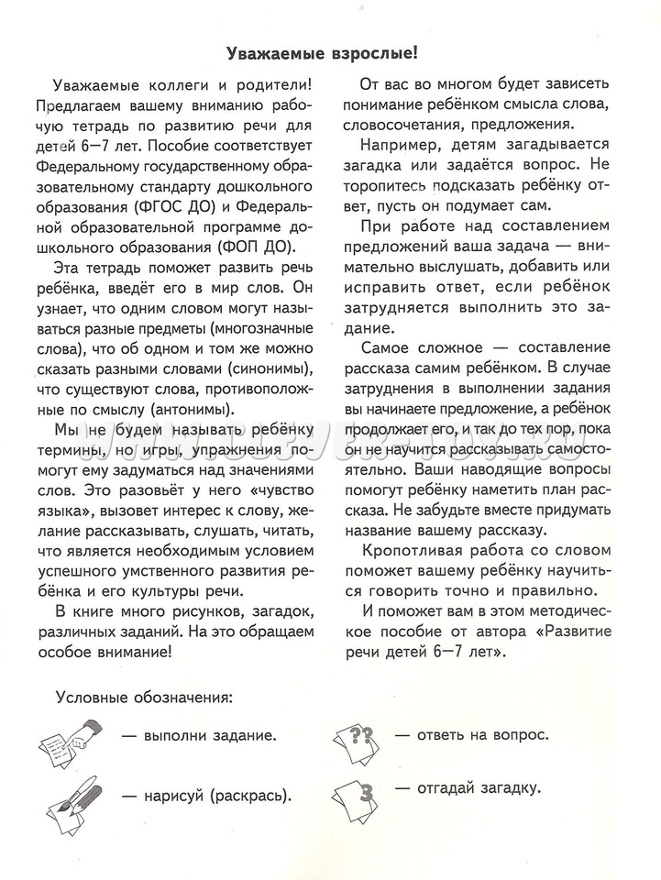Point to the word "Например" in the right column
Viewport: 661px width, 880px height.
[x=400, y=146]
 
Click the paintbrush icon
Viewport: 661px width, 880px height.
[x=71, y=795]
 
